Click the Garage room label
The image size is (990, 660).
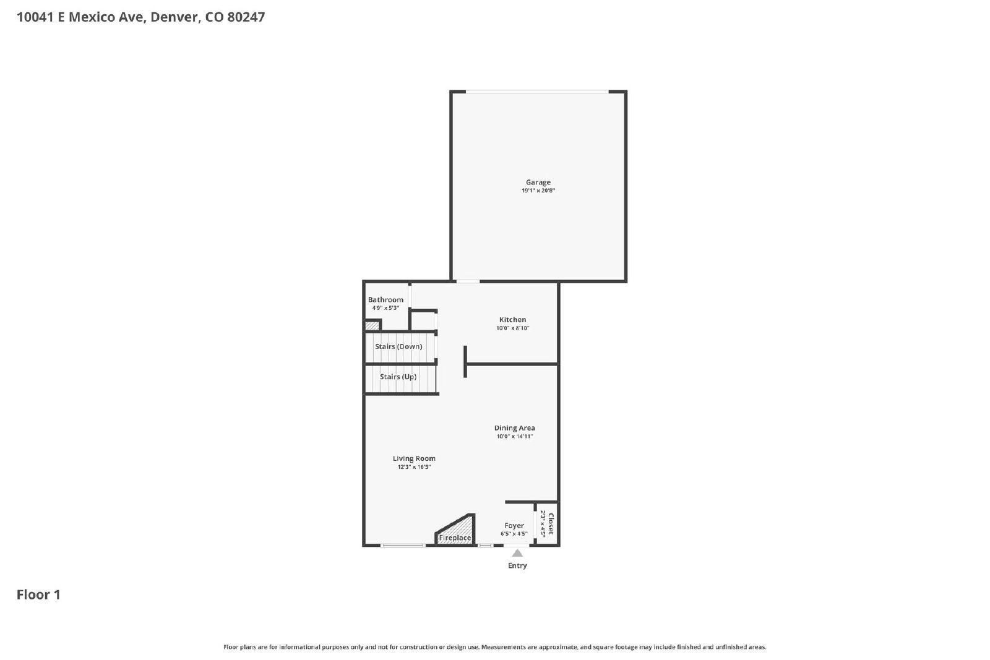[x=538, y=182]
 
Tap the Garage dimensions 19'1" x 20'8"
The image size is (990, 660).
[x=538, y=191]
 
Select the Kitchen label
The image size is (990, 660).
[x=512, y=319]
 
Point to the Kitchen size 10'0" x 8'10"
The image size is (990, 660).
[x=512, y=328]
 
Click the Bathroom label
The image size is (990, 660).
[x=385, y=299]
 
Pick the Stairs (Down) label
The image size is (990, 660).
[x=398, y=346]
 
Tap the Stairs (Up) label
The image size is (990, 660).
[x=398, y=377]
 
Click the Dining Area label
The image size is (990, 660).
[x=514, y=427]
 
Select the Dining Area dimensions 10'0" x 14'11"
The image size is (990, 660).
[x=514, y=436]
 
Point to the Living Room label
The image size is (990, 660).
[x=414, y=458]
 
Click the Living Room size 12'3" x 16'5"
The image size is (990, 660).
[x=414, y=467]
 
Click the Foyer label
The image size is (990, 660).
[x=514, y=525]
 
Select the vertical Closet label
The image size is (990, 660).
[x=551, y=523]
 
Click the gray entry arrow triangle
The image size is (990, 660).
[x=517, y=553]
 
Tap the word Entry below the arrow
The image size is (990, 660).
[x=517, y=565]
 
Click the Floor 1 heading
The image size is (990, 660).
[x=38, y=594]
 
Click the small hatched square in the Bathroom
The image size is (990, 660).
[x=372, y=326]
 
